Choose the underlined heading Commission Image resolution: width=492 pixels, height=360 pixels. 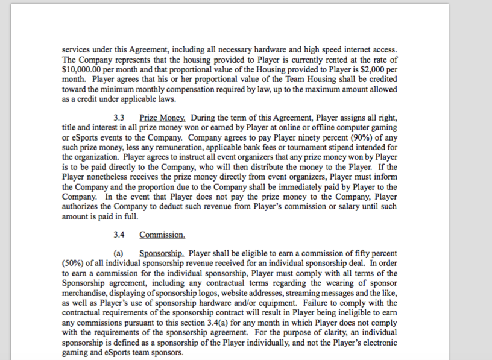coord(162,235)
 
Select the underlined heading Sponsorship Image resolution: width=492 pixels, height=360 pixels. coord(162,253)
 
